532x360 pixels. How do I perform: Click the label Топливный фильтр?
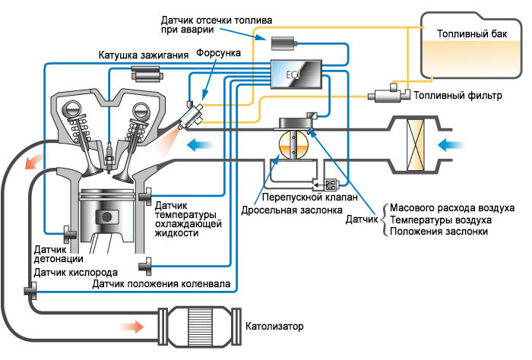coord(459,96)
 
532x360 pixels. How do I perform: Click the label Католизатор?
coord(274,327)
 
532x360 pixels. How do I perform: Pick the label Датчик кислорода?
coord(75,272)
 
